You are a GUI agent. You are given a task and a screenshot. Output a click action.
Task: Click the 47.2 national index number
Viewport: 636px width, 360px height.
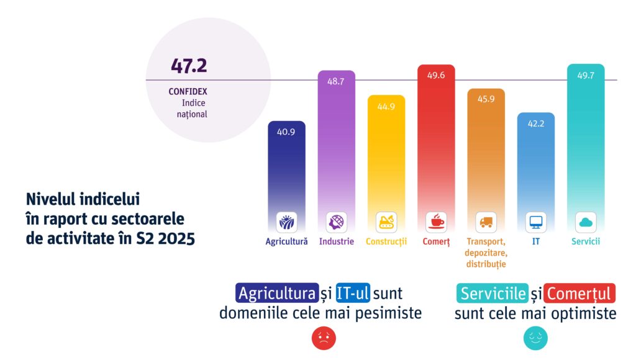189,66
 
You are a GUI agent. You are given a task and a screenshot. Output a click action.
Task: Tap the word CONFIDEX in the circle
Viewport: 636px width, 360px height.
188,91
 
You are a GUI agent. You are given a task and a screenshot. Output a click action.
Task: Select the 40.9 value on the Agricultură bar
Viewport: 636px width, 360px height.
286,132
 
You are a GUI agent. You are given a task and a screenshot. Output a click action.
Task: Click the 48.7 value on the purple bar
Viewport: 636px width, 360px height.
336,81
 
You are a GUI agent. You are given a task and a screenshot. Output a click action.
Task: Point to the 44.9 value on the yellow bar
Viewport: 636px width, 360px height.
386,106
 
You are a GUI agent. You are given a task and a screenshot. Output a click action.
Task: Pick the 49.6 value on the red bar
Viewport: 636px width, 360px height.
435,76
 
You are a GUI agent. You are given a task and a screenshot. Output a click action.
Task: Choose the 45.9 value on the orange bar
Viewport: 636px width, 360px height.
486,99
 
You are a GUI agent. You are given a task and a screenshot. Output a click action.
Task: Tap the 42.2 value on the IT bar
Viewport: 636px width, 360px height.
535,123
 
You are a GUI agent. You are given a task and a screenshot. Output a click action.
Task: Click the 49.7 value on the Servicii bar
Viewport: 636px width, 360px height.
585,75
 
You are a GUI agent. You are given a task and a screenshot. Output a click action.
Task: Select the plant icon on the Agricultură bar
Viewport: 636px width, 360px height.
286,222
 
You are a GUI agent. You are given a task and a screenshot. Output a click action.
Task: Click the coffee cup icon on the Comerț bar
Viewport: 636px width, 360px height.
435,222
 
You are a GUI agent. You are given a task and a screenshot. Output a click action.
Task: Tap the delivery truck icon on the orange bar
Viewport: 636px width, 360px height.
486,222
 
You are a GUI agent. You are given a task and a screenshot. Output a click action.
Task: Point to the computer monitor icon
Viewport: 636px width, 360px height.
535,222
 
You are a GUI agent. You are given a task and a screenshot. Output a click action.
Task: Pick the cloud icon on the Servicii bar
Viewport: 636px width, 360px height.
585,222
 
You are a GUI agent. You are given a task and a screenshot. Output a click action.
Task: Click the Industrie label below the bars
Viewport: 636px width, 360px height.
336,241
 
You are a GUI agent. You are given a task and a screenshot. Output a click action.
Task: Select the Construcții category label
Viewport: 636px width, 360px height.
386,241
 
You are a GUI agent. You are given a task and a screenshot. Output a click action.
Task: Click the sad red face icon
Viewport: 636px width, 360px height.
324,338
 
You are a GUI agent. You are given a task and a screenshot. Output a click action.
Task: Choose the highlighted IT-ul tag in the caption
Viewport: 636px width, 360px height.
353,292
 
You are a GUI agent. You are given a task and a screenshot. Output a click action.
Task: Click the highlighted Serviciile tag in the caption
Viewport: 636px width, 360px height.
492,292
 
